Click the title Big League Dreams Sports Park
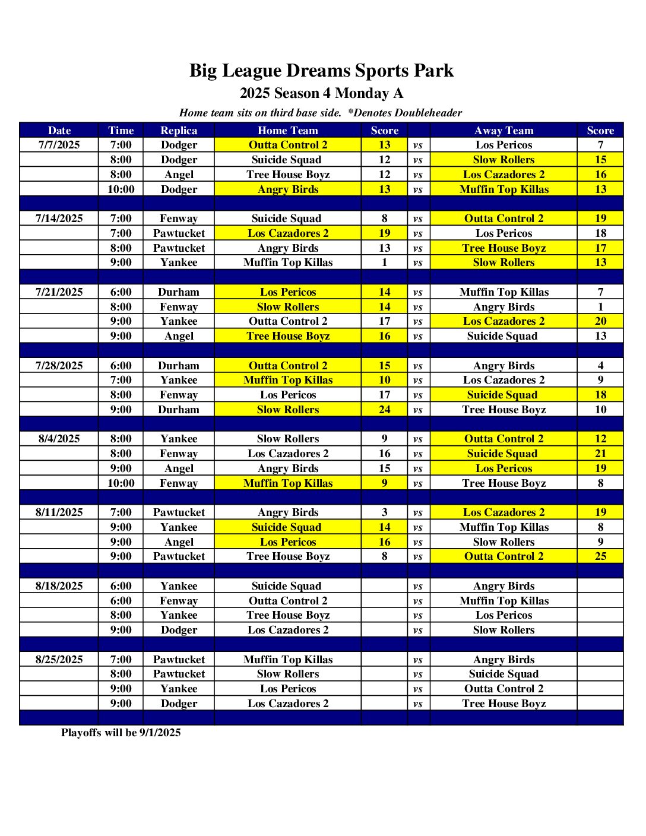tap(321, 71)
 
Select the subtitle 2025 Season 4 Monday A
tap(321, 93)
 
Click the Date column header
tap(59, 131)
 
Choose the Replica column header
tap(179, 131)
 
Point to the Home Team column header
tap(288, 131)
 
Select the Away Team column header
tap(503, 131)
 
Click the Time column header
tap(121, 131)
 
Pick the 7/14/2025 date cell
tap(59, 218)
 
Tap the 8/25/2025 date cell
tap(59, 660)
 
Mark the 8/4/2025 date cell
tap(59, 439)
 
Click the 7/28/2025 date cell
tap(59, 366)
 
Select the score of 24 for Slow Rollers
tap(385, 410)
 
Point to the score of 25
tap(600, 556)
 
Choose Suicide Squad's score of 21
tap(600, 454)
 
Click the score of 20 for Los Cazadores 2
tap(600, 321)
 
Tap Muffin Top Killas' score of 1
tap(385, 262)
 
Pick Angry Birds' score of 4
tap(600, 366)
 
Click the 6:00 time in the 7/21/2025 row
tap(121, 292)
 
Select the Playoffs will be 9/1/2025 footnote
tap(121, 733)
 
